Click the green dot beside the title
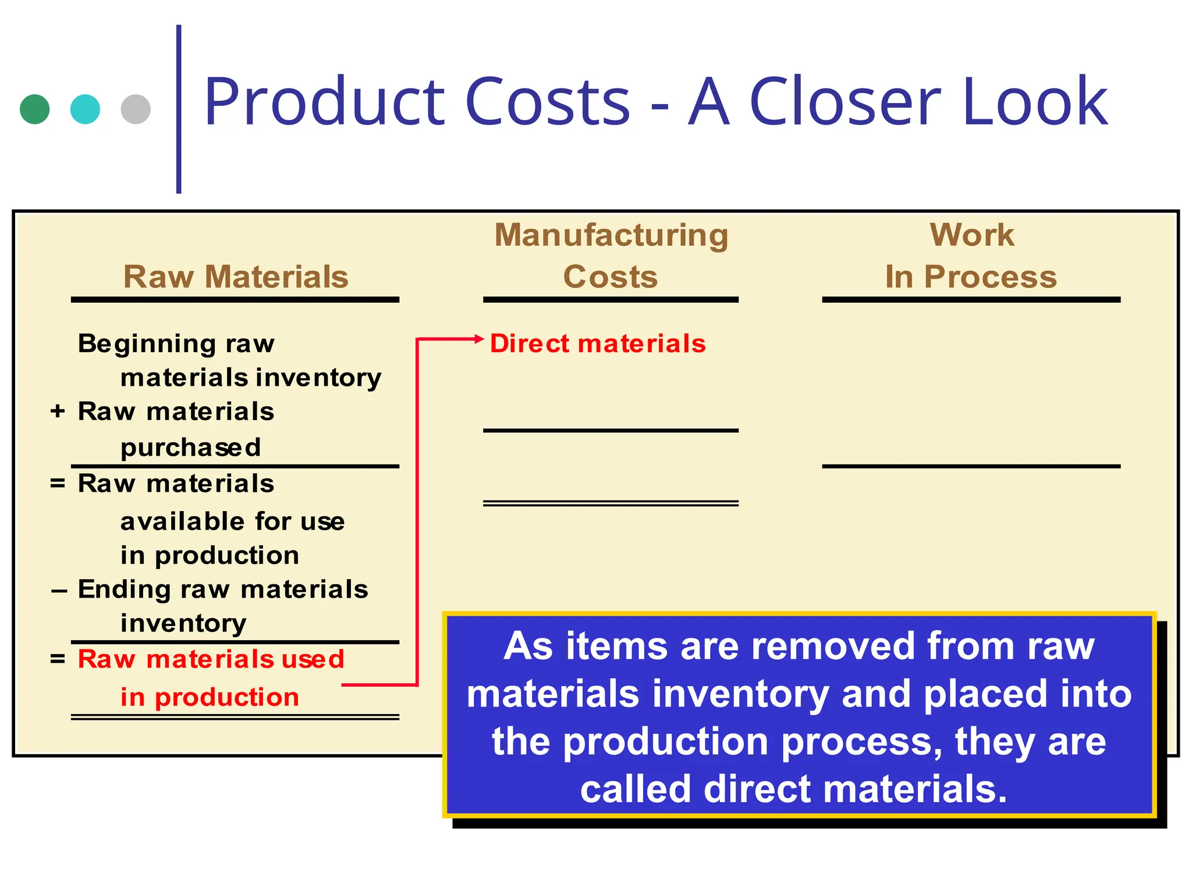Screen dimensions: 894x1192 tap(34, 109)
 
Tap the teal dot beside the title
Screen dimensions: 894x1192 tap(85, 109)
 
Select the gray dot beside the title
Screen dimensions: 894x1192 tap(136, 109)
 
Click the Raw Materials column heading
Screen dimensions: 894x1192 tap(236, 276)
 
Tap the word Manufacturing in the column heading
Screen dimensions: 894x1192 tap(611, 235)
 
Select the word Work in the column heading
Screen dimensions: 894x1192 tap(971, 235)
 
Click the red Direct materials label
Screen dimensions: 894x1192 tap(598, 343)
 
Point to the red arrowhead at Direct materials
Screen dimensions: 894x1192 tap(480, 338)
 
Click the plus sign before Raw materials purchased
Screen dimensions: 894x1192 tap(57, 411)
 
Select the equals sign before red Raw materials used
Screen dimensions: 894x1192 tap(57, 659)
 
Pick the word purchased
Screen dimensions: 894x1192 tap(190, 448)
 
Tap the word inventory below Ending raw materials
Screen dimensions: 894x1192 tap(183, 623)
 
